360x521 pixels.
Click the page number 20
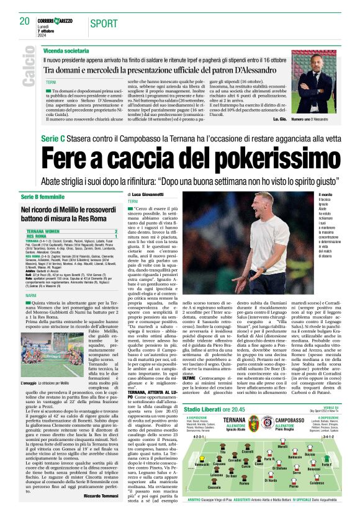point(25,21)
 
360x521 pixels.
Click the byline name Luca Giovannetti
point(149,195)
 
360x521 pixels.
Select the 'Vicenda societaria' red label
point(66,48)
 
